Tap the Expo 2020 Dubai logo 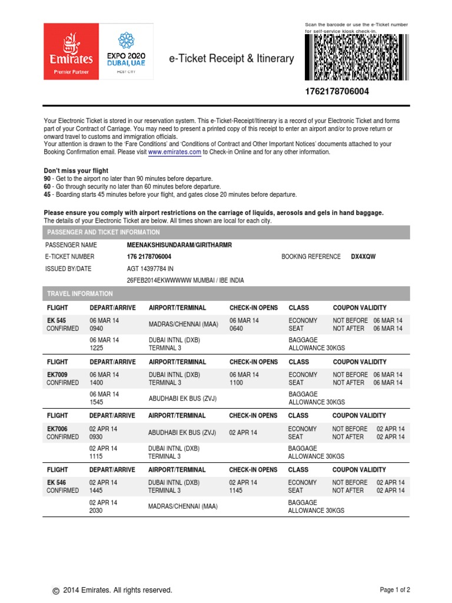[x=126, y=51]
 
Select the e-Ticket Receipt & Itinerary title [x=231, y=58]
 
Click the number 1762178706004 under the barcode [x=337, y=92]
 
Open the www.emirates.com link [x=175, y=152]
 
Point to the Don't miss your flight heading [x=76, y=171]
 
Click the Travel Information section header [x=79, y=293]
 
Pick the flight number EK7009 [x=58, y=375]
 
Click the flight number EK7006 [x=58, y=429]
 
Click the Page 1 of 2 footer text [x=395, y=589]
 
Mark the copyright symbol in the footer [x=56, y=591]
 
